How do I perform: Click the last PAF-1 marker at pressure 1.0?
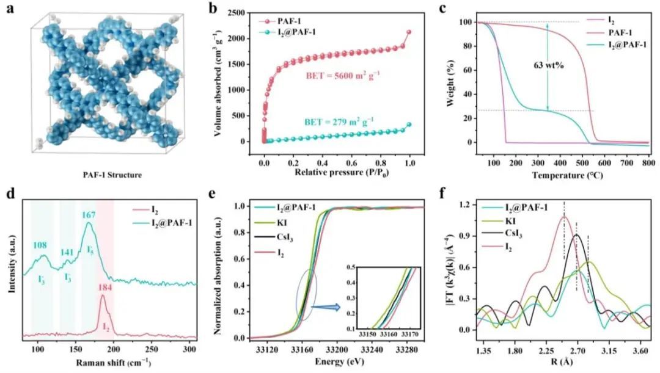(409, 32)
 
